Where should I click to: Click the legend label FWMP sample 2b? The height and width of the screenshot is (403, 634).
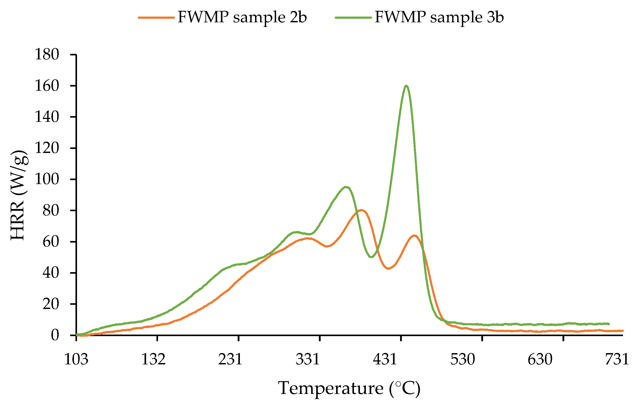[242, 17]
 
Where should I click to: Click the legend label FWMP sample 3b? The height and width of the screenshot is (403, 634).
[439, 17]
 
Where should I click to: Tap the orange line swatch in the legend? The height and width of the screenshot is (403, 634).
[156, 18]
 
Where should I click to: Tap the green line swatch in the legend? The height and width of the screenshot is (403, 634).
[353, 18]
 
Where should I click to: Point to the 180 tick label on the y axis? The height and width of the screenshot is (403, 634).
[47, 55]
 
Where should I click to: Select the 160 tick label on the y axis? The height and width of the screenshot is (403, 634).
[47, 86]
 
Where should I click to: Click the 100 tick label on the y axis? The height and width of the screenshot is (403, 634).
[47, 179]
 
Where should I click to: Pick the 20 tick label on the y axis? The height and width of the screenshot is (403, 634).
[51, 304]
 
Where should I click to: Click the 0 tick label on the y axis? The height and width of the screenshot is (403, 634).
[55, 335]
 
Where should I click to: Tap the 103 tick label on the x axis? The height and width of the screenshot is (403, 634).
[76, 359]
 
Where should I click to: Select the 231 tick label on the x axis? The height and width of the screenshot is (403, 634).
[230, 359]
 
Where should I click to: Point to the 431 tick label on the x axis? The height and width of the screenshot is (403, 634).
[385, 359]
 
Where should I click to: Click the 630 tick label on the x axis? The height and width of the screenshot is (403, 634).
[540, 359]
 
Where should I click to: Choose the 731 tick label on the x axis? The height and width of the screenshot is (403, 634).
[617, 359]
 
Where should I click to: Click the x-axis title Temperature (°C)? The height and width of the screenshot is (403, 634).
[349, 388]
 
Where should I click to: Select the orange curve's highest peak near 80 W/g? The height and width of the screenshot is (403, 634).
[361, 210]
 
